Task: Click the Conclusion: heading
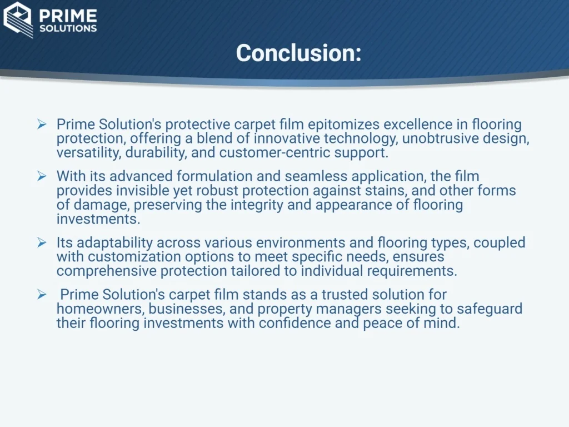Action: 298,53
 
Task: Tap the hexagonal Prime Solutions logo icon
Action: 18,19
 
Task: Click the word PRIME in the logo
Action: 68,16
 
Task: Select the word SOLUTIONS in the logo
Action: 68,29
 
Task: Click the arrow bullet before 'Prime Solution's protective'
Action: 42,125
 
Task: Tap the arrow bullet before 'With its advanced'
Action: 42,176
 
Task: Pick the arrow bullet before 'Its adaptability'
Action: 42,242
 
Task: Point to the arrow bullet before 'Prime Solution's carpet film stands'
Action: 42,295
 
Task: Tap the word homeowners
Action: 100,309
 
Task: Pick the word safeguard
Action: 489,309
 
